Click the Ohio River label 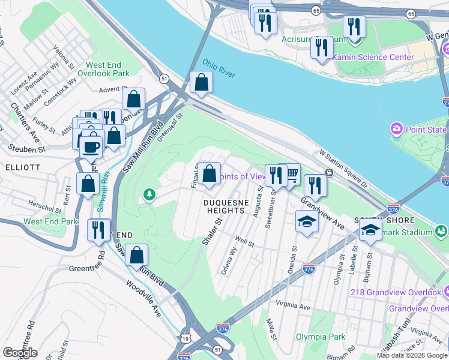[x=218, y=68]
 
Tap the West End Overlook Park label [x=107, y=69]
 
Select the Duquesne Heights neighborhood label [x=224, y=206]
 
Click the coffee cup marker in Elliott [x=91, y=146]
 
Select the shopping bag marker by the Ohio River [x=201, y=83]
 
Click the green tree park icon [x=149, y=194]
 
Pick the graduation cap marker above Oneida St [x=307, y=221]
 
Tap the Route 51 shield [x=164, y=78]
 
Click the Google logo [x=20, y=353]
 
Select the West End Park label [x=50, y=221]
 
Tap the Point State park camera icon [x=396, y=129]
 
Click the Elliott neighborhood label [x=23, y=167]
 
